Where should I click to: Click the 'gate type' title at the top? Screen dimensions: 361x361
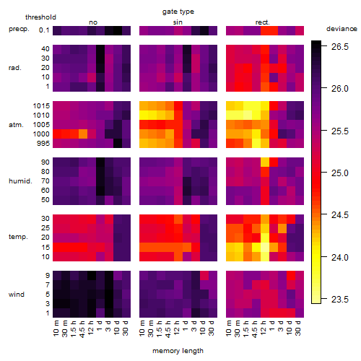pyautogui.click(x=178, y=12)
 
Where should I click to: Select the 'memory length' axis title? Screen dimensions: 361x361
pyautogui.click(x=178, y=351)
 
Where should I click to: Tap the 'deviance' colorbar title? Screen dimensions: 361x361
pyautogui.click(x=342, y=29)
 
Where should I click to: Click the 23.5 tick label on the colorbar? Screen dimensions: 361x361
pyautogui.click(x=340, y=300)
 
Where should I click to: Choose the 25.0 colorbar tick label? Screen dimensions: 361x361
pyautogui.click(x=340, y=173)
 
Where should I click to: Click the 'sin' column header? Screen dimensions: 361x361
pyautogui.click(x=178, y=22)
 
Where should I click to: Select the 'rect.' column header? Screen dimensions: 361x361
pyautogui.click(x=263, y=22)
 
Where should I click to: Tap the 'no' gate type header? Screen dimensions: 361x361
pyautogui.click(x=93, y=22)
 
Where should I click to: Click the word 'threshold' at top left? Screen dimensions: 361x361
pyautogui.click(x=40, y=17)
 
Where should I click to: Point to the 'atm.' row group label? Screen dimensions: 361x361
pyautogui.click(x=16, y=125)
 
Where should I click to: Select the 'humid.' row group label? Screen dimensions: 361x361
pyautogui.click(x=20, y=181)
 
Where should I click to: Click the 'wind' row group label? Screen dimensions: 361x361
pyautogui.click(x=17, y=295)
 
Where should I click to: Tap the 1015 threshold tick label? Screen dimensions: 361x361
pyautogui.click(x=41, y=106)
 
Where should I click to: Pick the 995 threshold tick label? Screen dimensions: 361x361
pyautogui.click(x=43, y=144)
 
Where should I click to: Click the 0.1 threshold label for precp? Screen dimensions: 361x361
pyautogui.click(x=44, y=30)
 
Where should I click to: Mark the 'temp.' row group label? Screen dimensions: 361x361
pyautogui.click(x=18, y=237)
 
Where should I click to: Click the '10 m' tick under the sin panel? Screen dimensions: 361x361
pyautogui.click(x=142, y=329)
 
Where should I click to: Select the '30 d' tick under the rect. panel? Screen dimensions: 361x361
pyautogui.click(x=298, y=329)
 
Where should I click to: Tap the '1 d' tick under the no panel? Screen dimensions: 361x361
pyautogui.click(x=99, y=326)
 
